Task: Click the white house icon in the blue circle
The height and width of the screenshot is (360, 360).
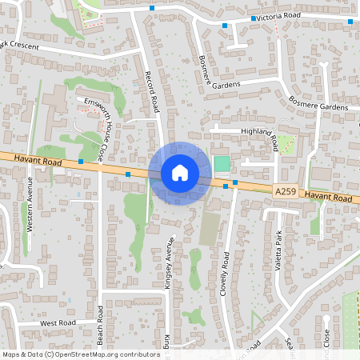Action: pyautogui.click(x=179, y=173)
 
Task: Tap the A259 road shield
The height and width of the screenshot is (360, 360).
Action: pyautogui.click(x=284, y=192)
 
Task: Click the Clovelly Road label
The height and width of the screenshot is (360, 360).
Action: pyautogui.click(x=226, y=274)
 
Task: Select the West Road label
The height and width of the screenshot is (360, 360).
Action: pyautogui.click(x=58, y=323)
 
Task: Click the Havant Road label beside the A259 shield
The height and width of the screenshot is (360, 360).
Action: pyautogui.click(x=328, y=197)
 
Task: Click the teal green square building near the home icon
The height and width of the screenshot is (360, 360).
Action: pyautogui.click(x=222, y=163)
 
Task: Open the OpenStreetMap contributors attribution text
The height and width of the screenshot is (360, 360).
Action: pyautogui.click(x=82, y=354)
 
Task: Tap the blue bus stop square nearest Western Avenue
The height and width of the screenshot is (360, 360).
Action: pyautogui.click(x=81, y=161)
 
